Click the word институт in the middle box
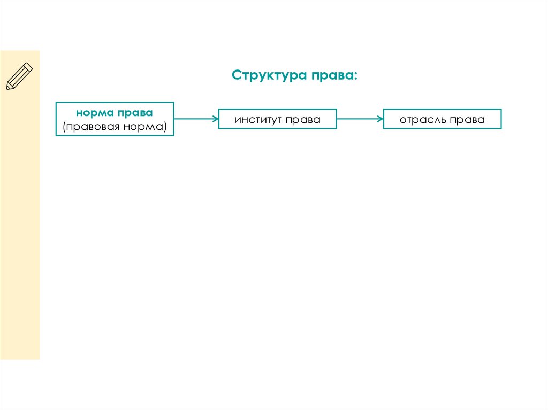(257, 120)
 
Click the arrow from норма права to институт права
(196, 119)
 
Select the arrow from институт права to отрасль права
(360, 119)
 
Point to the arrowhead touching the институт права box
(215, 119)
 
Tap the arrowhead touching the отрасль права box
(380, 119)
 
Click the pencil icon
(19, 76)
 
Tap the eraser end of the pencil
(29, 66)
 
